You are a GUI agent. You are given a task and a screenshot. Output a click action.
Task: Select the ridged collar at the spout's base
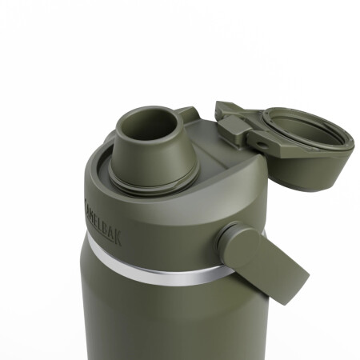coord(148,178)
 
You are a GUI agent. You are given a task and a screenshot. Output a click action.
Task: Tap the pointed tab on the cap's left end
coord(224,106)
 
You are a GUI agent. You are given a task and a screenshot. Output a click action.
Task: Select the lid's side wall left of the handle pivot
coord(176,232)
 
